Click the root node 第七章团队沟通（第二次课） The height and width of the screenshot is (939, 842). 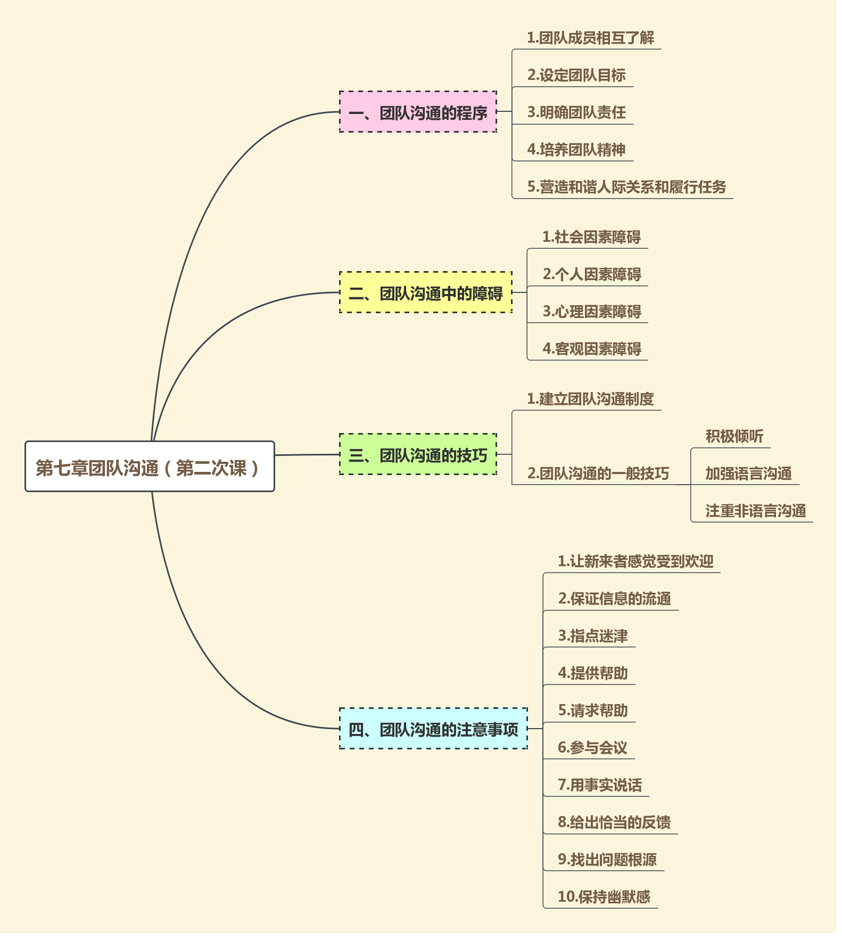(x=150, y=467)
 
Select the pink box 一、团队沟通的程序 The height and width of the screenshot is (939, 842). (x=418, y=112)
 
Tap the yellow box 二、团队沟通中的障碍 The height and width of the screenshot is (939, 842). (x=425, y=292)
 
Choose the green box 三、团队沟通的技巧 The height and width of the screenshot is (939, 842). (x=418, y=454)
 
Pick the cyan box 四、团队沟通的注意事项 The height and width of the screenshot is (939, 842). (x=433, y=729)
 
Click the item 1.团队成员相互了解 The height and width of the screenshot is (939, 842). (x=590, y=38)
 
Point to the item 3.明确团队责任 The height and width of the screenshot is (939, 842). (x=576, y=112)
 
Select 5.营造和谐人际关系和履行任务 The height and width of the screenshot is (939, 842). (x=626, y=187)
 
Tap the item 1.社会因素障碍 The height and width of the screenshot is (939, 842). (x=591, y=237)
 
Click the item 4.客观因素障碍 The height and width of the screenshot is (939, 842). (x=592, y=349)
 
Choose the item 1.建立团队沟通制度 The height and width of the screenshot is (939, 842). (x=590, y=399)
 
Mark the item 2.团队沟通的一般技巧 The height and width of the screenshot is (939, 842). (x=598, y=473)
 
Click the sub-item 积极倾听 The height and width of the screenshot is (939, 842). (x=734, y=436)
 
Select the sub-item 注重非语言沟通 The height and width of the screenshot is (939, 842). (x=755, y=511)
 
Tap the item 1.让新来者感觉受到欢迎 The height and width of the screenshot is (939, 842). (x=635, y=561)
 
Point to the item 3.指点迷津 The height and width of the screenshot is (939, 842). (x=593, y=636)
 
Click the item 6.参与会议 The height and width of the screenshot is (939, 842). (x=592, y=748)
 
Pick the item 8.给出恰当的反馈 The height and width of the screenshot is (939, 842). (x=614, y=822)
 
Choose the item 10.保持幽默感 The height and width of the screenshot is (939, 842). (x=604, y=897)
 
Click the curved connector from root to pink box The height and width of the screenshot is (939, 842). (x=213, y=202)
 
